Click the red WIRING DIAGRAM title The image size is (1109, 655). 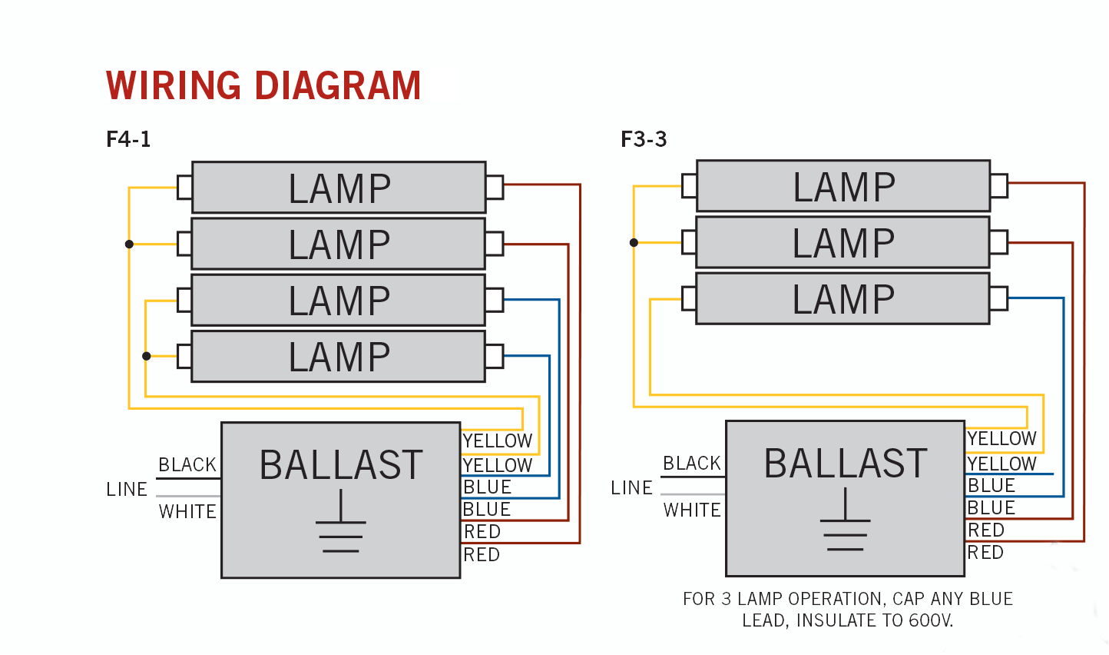[263, 85]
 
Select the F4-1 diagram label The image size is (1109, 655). [128, 139]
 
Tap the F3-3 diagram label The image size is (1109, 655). [644, 139]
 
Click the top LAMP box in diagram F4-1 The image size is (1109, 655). [339, 188]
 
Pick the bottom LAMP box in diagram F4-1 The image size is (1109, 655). [339, 357]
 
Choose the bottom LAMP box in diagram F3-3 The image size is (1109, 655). [843, 298]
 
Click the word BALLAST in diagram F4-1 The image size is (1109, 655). [341, 465]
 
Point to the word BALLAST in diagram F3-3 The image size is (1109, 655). [846, 464]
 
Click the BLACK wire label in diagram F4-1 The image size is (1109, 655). [187, 465]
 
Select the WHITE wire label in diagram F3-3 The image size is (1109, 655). [692, 510]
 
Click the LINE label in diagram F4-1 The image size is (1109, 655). [127, 490]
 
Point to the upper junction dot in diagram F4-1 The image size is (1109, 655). [129, 244]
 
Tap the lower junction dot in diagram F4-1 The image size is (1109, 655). [146, 356]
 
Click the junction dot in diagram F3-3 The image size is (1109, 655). [634, 242]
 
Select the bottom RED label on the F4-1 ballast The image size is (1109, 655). [482, 555]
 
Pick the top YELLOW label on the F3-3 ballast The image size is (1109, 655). [1001, 439]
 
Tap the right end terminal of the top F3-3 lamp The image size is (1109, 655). [998, 185]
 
